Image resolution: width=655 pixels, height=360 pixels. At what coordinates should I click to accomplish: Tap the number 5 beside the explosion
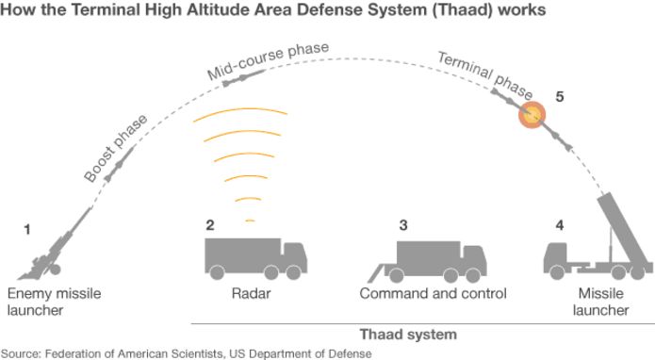(559, 97)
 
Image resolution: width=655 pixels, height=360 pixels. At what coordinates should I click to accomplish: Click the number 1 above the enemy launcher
(28, 228)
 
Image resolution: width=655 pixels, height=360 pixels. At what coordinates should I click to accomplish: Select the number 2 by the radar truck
(211, 225)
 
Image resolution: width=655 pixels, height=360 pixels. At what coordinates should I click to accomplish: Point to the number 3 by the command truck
(403, 225)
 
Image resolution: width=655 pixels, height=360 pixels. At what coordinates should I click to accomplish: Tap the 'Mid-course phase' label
(261, 62)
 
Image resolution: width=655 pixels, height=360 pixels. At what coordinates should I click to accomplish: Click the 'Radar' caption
(251, 294)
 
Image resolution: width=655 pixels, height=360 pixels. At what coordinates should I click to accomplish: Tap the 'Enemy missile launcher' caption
(55, 302)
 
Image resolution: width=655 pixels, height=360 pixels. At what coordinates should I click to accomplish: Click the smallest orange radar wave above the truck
(249, 221)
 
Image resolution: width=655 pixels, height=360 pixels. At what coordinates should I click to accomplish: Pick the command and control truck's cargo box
(429, 254)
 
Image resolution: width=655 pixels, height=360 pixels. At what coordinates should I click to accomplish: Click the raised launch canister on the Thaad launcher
(622, 231)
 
